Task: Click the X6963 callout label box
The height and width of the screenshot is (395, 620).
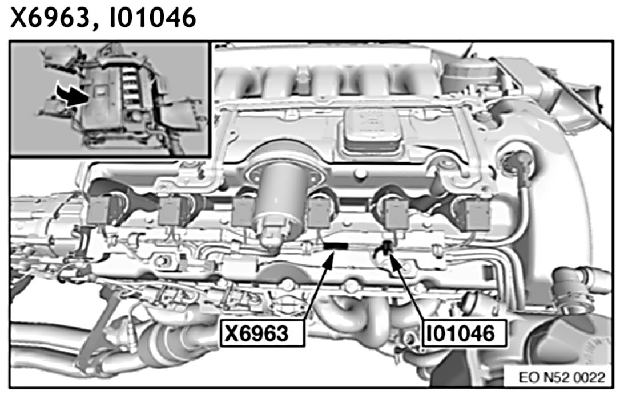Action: (263, 334)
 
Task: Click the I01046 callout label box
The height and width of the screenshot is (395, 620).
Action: (464, 334)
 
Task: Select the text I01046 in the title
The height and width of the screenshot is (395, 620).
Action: (152, 17)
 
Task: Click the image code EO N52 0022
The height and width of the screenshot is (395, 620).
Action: (562, 378)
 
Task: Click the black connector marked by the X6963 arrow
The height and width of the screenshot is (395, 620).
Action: (336, 246)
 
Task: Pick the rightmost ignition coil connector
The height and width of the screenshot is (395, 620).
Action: (478, 215)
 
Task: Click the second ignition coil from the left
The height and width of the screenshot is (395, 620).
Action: (171, 211)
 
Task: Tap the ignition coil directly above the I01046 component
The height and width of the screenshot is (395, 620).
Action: (397, 215)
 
